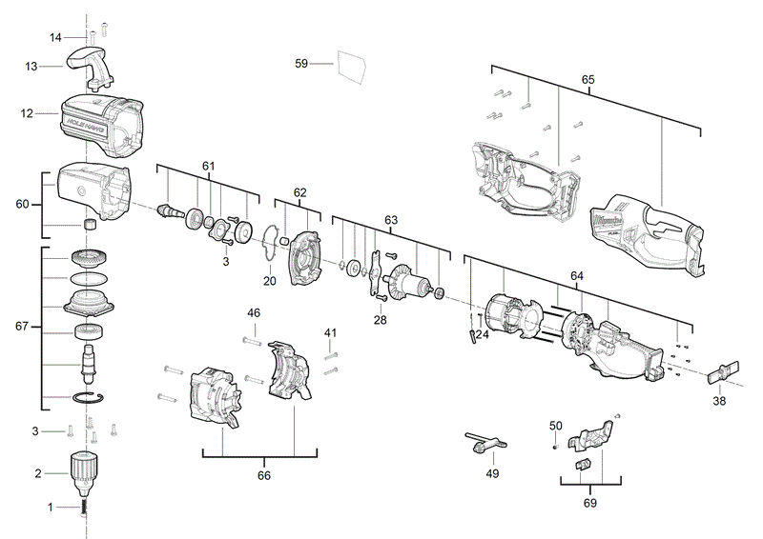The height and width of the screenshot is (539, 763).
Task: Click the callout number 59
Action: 300,64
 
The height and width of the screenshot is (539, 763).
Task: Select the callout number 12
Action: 27,113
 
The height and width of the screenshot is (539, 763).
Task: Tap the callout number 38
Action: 719,402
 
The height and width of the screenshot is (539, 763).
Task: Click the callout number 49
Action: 492,472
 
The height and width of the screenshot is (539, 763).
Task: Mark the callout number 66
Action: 264,474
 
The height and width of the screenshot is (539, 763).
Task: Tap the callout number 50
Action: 556,425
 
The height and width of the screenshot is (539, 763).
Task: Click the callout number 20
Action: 269,281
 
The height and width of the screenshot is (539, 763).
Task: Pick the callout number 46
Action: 254,312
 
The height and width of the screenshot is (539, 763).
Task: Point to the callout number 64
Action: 577,275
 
